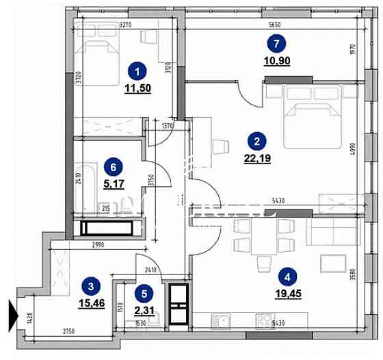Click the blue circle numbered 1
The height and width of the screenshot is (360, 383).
pos(138,70)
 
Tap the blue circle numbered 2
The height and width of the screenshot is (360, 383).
pos(256,142)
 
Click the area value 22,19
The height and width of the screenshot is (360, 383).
pos(256,159)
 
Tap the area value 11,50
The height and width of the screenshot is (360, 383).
pos(138,88)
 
